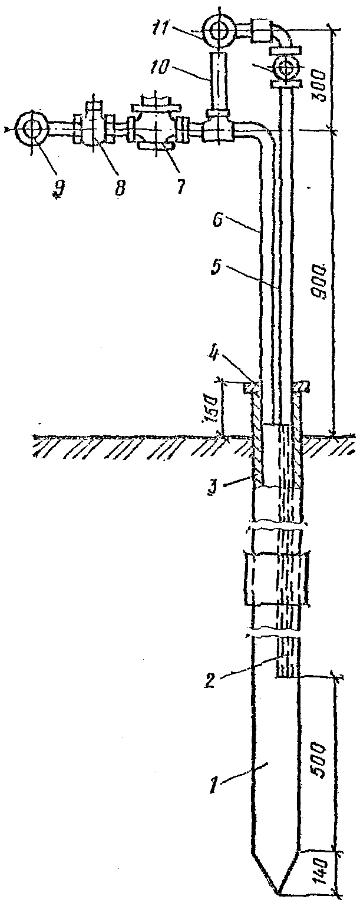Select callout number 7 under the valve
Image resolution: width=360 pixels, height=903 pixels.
[179, 187]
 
